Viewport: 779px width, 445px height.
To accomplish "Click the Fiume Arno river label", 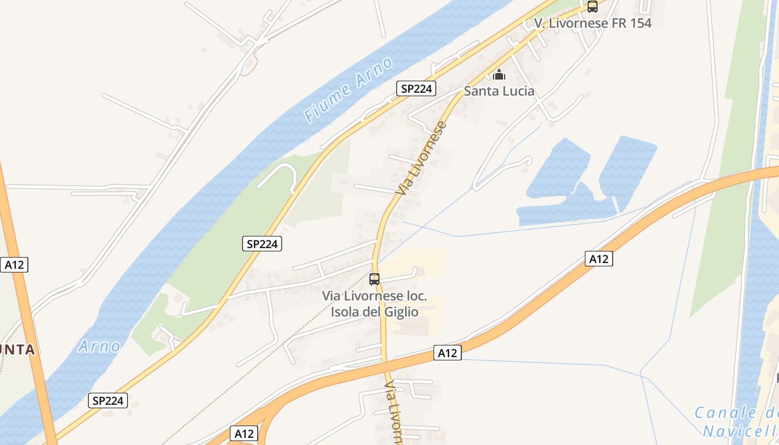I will click(x=349, y=90).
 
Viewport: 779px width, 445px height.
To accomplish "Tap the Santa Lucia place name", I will click(x=499, y=91).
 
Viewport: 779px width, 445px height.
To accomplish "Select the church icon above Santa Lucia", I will click(x=499, y=74).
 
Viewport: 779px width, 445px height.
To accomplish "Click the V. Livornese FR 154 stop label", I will click(x=593, y=23).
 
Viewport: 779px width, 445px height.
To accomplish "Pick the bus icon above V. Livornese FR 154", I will click(x=593, y=7).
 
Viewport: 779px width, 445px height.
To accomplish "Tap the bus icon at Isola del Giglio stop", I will click(x=374, y=279).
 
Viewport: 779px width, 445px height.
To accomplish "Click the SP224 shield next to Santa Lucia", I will click(x=416, y=88).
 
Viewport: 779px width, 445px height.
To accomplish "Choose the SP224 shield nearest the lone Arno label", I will click(x=108, y=400).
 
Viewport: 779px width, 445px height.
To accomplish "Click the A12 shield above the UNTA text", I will click(x=14, y=265).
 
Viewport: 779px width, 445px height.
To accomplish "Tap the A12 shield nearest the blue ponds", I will click(x=599, y=259).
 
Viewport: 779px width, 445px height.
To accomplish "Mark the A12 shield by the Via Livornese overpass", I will click(x=447, y=353).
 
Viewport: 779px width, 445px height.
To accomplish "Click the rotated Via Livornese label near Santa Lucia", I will click(x=421, y=159).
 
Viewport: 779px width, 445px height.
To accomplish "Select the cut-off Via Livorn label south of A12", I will click(x=394, y=412).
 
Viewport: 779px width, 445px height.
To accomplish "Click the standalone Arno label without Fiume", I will click(x=99, y=347).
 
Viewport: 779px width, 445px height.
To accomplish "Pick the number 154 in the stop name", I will click(x=640, y=23).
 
